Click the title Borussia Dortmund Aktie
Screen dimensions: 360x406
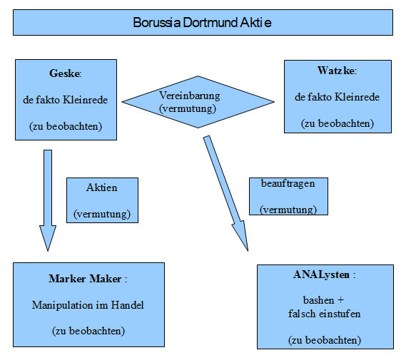(x=202, y=23)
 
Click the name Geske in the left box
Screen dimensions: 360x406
(x=64, y=74)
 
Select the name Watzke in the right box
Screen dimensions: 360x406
(x=335, y=71)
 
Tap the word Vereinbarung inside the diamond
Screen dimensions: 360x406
(x=189, y=96)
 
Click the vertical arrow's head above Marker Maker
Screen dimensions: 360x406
(x=47, y=238)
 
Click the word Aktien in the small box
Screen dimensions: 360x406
(x=101, y=188)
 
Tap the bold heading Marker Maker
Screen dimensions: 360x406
(x=86, y=278)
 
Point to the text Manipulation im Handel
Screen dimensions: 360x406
(x=88, y=305)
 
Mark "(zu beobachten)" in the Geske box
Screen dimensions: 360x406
(x=65, y=127)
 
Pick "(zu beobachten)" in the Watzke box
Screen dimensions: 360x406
(x=337, y=123)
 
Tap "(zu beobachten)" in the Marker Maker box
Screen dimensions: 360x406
(x=88, y=331)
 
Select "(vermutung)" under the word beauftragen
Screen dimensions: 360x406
(x=288, y=210)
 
